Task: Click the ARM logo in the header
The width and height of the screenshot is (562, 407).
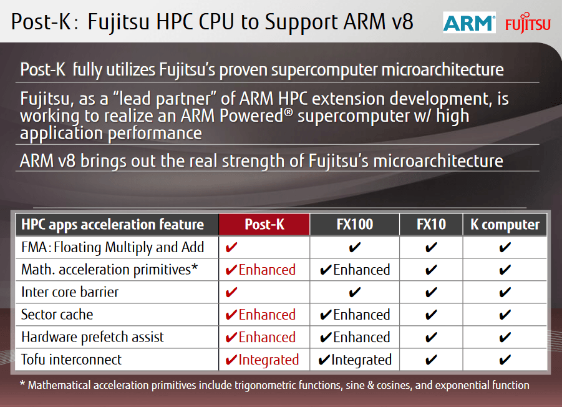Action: point(469,22)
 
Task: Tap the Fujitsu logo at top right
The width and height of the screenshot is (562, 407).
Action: point(528,24)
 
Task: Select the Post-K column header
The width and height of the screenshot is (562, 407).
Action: point(264,225)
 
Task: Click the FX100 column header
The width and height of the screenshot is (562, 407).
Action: point(354,225)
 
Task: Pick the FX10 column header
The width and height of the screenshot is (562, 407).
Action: point(430,225)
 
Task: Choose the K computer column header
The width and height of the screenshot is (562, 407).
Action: point(505,225)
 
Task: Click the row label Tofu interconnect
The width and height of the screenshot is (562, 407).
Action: point(71,360)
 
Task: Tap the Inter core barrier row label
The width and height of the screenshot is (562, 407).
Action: point(70,292)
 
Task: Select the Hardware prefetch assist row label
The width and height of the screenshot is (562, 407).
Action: point(92,337)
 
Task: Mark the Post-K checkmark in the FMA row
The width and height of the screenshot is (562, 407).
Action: point(231,248)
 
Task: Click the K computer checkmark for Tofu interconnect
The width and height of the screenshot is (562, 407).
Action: point(505,360)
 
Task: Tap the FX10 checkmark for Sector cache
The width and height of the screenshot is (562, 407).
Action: point(430,315)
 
